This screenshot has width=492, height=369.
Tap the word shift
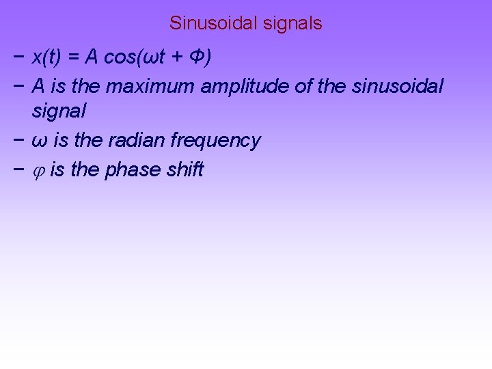point(185,169)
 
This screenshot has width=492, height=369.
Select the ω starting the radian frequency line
point(40,141)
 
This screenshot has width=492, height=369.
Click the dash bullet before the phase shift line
point(16,169)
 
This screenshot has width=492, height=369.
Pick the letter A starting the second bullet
point(39,86)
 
